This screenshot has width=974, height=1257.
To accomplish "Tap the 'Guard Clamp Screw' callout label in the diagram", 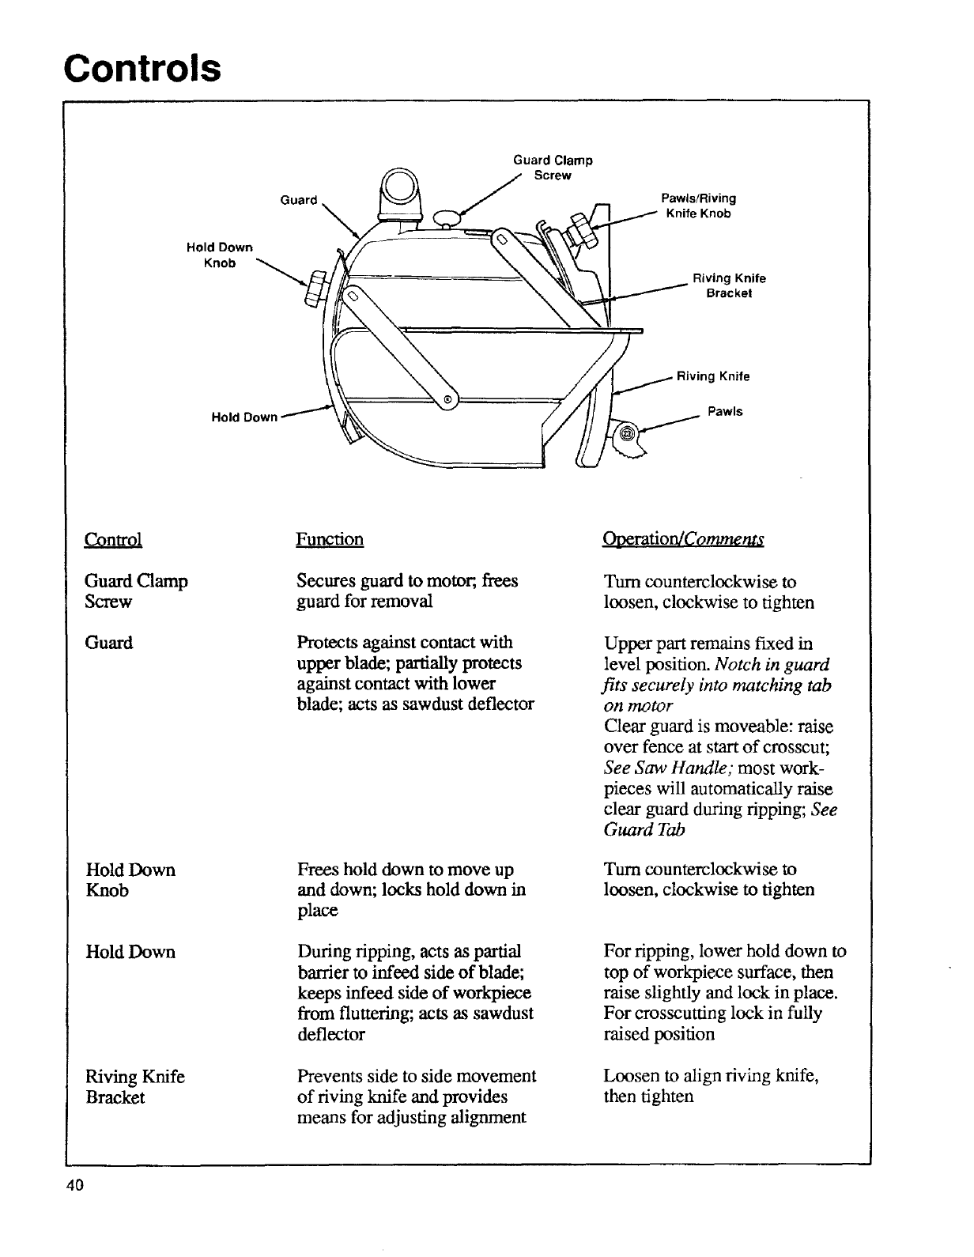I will point(553,167).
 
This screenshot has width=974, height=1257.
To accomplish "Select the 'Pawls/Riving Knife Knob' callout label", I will point(697,206).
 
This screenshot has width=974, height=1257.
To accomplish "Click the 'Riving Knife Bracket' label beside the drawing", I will point(729,285).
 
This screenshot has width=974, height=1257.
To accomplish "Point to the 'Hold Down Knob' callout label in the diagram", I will point(219,255).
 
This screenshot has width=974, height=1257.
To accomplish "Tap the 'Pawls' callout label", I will point(725,412).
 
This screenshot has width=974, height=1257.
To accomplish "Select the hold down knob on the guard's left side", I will point(314,287).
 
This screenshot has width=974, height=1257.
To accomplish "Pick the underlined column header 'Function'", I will point(330,539).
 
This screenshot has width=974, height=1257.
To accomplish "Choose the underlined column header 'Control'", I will point(113,539).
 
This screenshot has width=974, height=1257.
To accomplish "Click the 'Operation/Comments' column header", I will point(683,539).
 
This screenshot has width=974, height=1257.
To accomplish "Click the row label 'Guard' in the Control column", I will point(109,643).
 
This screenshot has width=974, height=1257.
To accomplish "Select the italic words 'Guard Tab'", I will point(644,830).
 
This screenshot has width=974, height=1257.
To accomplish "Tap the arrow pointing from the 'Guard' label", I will point(339,218).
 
